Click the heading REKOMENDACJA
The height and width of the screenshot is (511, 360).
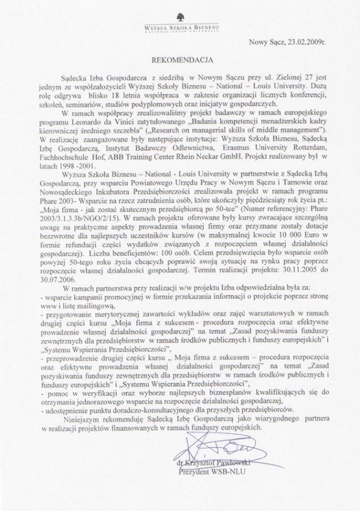(179, 61)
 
